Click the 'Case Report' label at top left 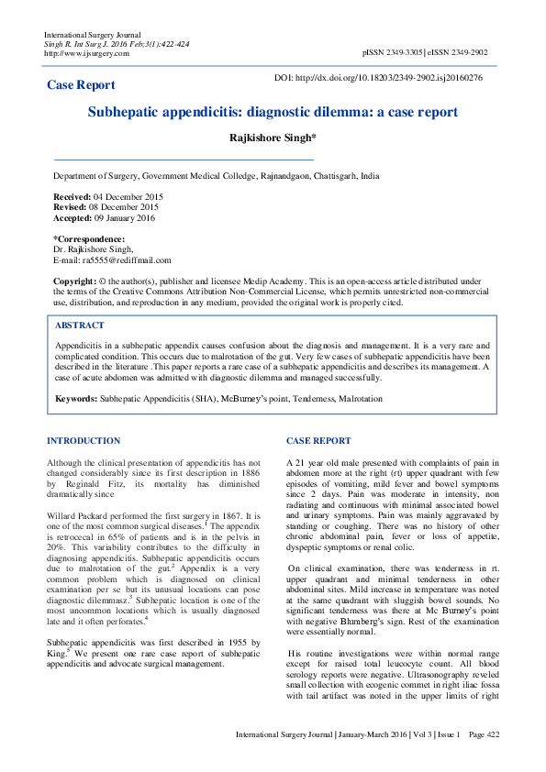81,85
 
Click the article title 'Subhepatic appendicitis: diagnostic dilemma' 273,112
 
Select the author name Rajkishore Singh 272,138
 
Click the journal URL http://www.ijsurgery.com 86,53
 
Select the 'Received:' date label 72,197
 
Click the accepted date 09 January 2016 124,218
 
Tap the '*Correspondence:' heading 90,239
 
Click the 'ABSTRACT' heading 80,325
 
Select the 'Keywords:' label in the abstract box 76,399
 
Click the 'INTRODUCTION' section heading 84,441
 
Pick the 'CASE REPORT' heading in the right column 318,441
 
